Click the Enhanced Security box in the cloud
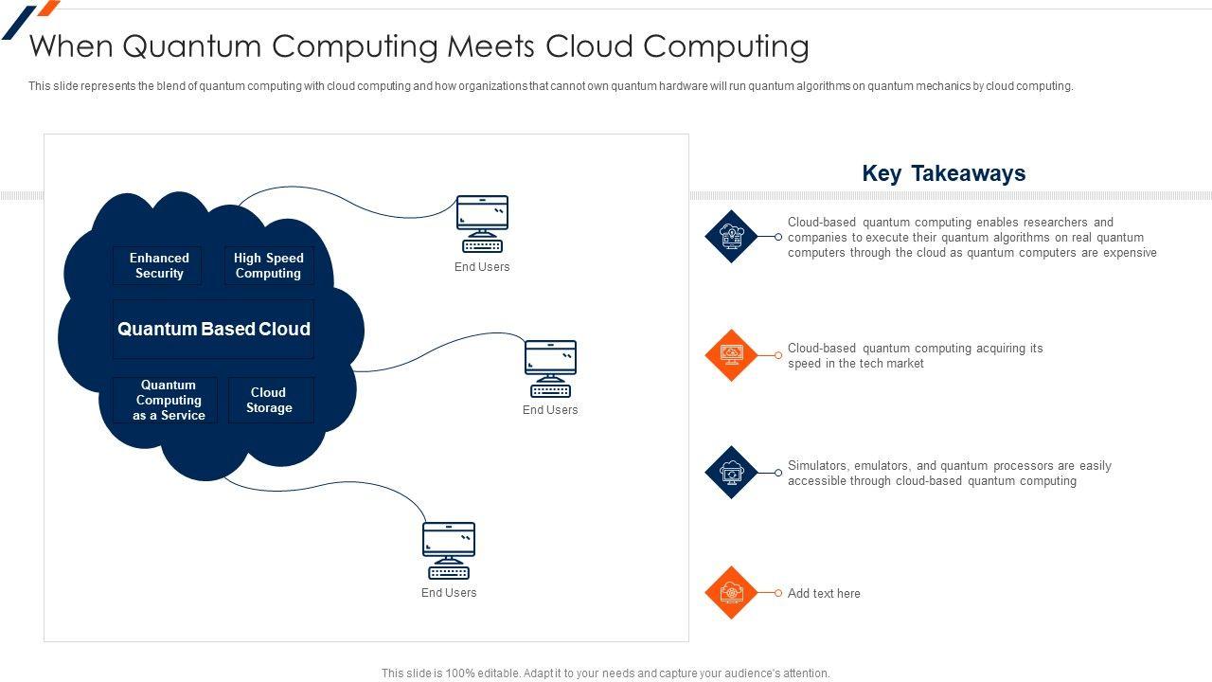157,265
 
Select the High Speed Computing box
269,265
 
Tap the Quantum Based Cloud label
214,329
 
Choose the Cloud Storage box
271,400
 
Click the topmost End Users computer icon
482,224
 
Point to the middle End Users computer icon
550,368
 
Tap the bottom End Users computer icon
449,550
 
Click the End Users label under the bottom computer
449,593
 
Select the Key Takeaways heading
944,173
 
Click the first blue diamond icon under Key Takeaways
731,237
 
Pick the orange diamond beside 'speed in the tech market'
731,355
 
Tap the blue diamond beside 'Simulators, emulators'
731,473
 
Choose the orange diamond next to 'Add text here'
731,593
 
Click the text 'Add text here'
824,593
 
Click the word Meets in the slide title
490,46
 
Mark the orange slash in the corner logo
48,8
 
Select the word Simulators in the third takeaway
818,466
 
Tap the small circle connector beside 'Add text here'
778,593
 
